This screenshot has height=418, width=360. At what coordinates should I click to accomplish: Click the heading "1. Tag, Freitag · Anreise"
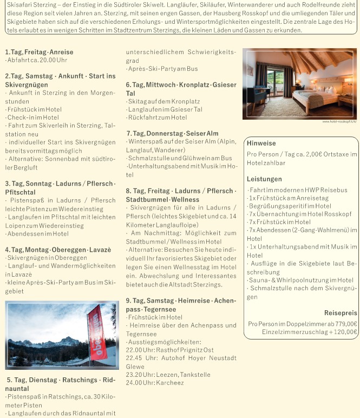click(39, 53)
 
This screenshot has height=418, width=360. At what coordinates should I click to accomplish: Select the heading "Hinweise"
click(261, 143)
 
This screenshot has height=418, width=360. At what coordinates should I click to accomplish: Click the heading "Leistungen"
click(264, 179)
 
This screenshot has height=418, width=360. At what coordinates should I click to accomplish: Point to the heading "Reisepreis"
click(341, 313)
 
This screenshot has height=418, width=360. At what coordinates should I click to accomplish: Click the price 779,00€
click(345, 323)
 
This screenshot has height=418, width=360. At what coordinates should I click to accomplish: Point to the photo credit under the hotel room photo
click(339, 122)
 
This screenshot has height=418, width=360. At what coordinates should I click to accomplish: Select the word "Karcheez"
click(170, 383)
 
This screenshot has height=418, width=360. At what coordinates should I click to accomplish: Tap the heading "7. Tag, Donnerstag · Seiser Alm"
click(172, 134)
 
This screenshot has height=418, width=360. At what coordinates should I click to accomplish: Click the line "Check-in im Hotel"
click(34, 117)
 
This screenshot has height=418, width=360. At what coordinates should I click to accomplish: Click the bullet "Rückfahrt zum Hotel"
click(157, 117)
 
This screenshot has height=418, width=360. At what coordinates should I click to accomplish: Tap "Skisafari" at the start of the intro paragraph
click(17, 4)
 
